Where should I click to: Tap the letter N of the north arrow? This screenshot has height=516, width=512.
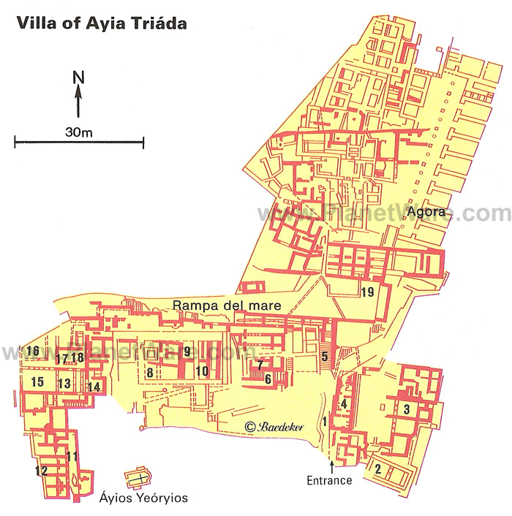click(x=78, y=76)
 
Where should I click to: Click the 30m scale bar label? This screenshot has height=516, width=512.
click(x=78, y=132)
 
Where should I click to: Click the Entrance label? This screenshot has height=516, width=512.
click(x=331, y=480)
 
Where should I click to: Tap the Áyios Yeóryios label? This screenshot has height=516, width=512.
click(x=144, y=498)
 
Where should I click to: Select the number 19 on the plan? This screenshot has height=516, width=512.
click(x=367, y=293)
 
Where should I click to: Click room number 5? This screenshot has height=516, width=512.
click(x=325, y=357)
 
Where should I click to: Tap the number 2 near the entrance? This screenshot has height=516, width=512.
click(x=377, y=468)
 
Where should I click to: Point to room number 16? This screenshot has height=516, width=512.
click(x=32, y=352)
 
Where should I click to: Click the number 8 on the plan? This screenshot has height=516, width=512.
click(x=150, y=373)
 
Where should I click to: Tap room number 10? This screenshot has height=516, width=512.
click(x=201, y=371)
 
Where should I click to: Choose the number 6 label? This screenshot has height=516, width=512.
click(x=268, y=379)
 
